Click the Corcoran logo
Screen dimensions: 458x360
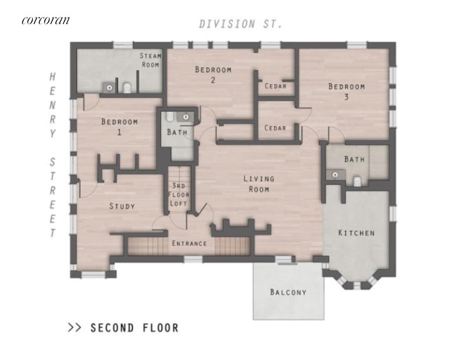coord(46,20)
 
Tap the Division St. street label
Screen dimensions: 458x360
coord(241,24)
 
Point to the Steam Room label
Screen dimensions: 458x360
coord(151,60)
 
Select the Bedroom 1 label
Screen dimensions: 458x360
coord(120,127)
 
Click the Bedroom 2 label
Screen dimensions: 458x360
coord(213,74)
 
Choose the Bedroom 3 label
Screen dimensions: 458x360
coord(347,92)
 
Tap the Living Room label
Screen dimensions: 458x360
coord(259,184)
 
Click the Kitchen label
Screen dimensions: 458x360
coord(356,233)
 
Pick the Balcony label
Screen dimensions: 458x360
coord(288,292)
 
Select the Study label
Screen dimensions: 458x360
coord(122,206)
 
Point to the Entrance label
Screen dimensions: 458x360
coord(189,243)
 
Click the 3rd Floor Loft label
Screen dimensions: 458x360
coord(179,195)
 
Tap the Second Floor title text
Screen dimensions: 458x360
coord(134,328)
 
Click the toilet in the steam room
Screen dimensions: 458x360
coord(127,88)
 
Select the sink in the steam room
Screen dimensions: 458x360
coord(109,87)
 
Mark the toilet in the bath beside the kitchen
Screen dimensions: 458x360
coord(357,181)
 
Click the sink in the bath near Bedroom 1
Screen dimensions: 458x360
coord(186,117)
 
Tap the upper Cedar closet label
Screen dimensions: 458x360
coord(276,86)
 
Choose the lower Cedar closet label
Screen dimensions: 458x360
coord(275,128)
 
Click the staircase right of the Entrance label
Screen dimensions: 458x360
coord(233,246)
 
